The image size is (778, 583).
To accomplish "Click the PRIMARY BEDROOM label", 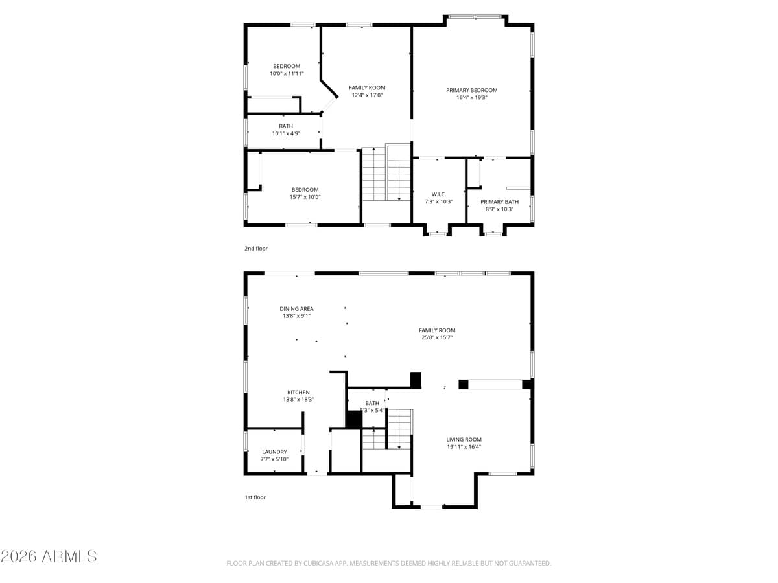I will [471, 90].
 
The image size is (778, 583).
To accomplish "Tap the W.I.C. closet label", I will [438, 194].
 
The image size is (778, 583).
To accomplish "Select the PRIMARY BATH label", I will [499, 201].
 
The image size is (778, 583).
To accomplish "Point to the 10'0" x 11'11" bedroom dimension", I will [287, 74].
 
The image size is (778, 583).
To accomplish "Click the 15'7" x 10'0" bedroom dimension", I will [305, 198].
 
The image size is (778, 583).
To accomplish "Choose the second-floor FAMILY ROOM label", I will [367, 87].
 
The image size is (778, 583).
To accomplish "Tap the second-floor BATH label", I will [286, 126].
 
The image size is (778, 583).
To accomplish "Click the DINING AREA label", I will [296, 309].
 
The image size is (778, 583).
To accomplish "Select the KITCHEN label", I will [298, 392].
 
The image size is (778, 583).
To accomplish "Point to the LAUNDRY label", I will [274, 452].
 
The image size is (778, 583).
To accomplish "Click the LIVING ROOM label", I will [464, 439].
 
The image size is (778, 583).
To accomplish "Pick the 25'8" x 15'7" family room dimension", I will [437, 337].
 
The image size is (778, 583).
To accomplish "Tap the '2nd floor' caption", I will [255, 249].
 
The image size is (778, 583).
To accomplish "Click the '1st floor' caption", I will [255, 497].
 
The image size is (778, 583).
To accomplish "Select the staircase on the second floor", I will [386, 174].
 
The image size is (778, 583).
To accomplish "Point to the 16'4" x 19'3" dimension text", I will [471, 98].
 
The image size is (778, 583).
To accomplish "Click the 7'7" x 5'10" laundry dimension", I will [274, 459].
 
